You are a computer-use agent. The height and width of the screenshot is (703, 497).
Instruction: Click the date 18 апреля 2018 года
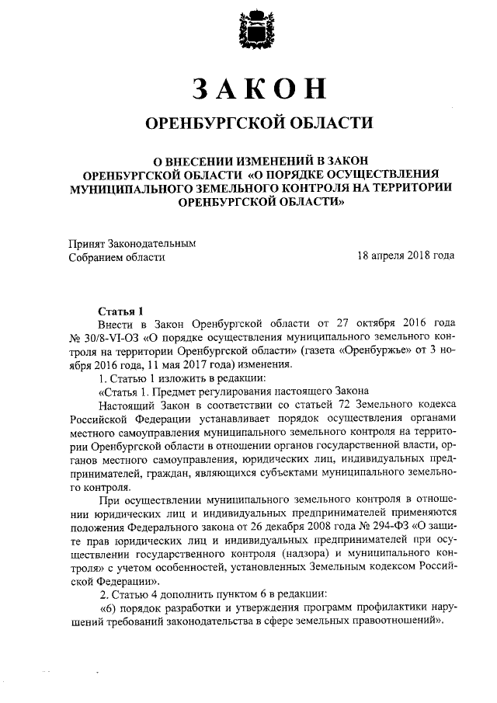(405, 256)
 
